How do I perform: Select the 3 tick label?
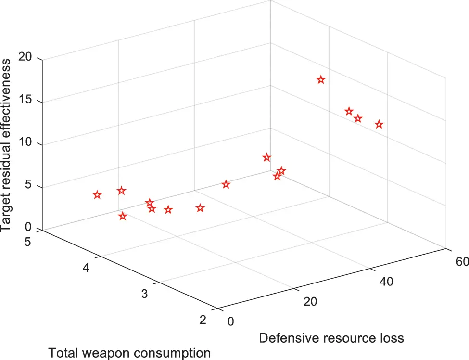(144, 294)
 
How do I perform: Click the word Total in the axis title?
(62, 353)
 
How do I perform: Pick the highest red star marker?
(321, 80)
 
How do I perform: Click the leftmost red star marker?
(97, 195)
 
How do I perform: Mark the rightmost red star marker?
(379, 125)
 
